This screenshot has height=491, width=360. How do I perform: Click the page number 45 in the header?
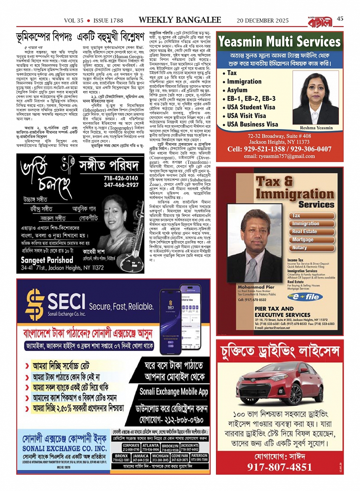340,19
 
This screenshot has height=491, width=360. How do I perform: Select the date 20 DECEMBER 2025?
262,21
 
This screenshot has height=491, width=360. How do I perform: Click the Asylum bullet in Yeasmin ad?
237,90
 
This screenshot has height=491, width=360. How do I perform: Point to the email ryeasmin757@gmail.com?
279,156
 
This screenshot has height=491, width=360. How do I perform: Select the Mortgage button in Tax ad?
303,240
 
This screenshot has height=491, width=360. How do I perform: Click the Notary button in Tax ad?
299,248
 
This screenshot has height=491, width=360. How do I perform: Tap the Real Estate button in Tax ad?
304,232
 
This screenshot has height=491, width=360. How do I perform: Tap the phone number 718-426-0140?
121,178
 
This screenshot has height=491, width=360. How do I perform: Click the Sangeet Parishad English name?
46,260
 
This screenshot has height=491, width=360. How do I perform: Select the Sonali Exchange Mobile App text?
174,391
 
